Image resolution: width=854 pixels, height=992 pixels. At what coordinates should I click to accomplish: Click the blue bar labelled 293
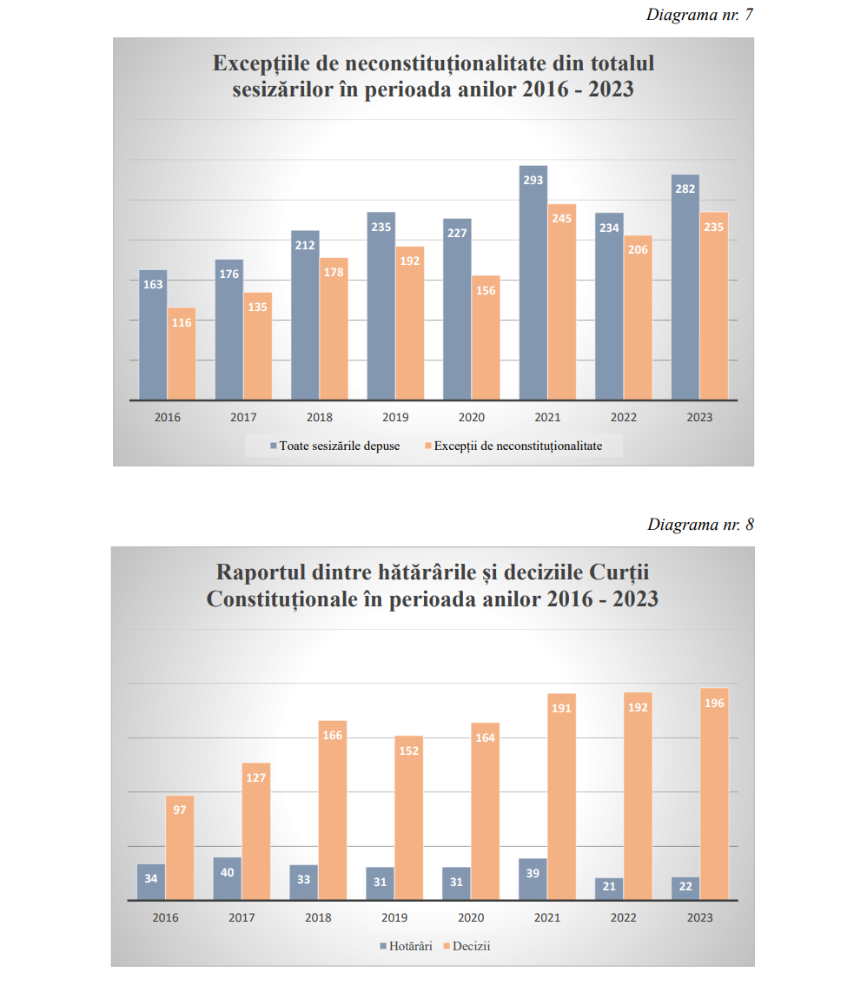[533, 287]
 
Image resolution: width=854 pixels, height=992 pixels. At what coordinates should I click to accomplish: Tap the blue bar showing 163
[153, 339]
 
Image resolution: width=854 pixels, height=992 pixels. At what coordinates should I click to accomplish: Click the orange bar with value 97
[180, 851]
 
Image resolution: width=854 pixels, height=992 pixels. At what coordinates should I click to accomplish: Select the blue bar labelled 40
[228, 879]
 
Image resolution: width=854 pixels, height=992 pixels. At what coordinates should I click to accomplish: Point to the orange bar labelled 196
[714, 799]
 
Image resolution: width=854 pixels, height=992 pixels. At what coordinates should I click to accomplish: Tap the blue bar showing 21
[609, 889]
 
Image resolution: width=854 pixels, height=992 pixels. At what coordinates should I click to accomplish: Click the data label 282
[685, 188]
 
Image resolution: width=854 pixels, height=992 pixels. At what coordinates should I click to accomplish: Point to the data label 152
[409, 751]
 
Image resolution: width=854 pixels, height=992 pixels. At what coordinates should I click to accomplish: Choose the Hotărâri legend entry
[408, 946]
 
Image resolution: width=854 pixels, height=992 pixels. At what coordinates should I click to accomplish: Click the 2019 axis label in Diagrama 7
[395, 418]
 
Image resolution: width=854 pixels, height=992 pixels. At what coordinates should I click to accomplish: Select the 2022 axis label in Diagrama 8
[623, 917]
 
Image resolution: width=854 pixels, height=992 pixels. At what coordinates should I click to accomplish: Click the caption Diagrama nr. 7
[699, 16]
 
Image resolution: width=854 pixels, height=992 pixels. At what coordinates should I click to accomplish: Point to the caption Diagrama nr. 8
[700, 525]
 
